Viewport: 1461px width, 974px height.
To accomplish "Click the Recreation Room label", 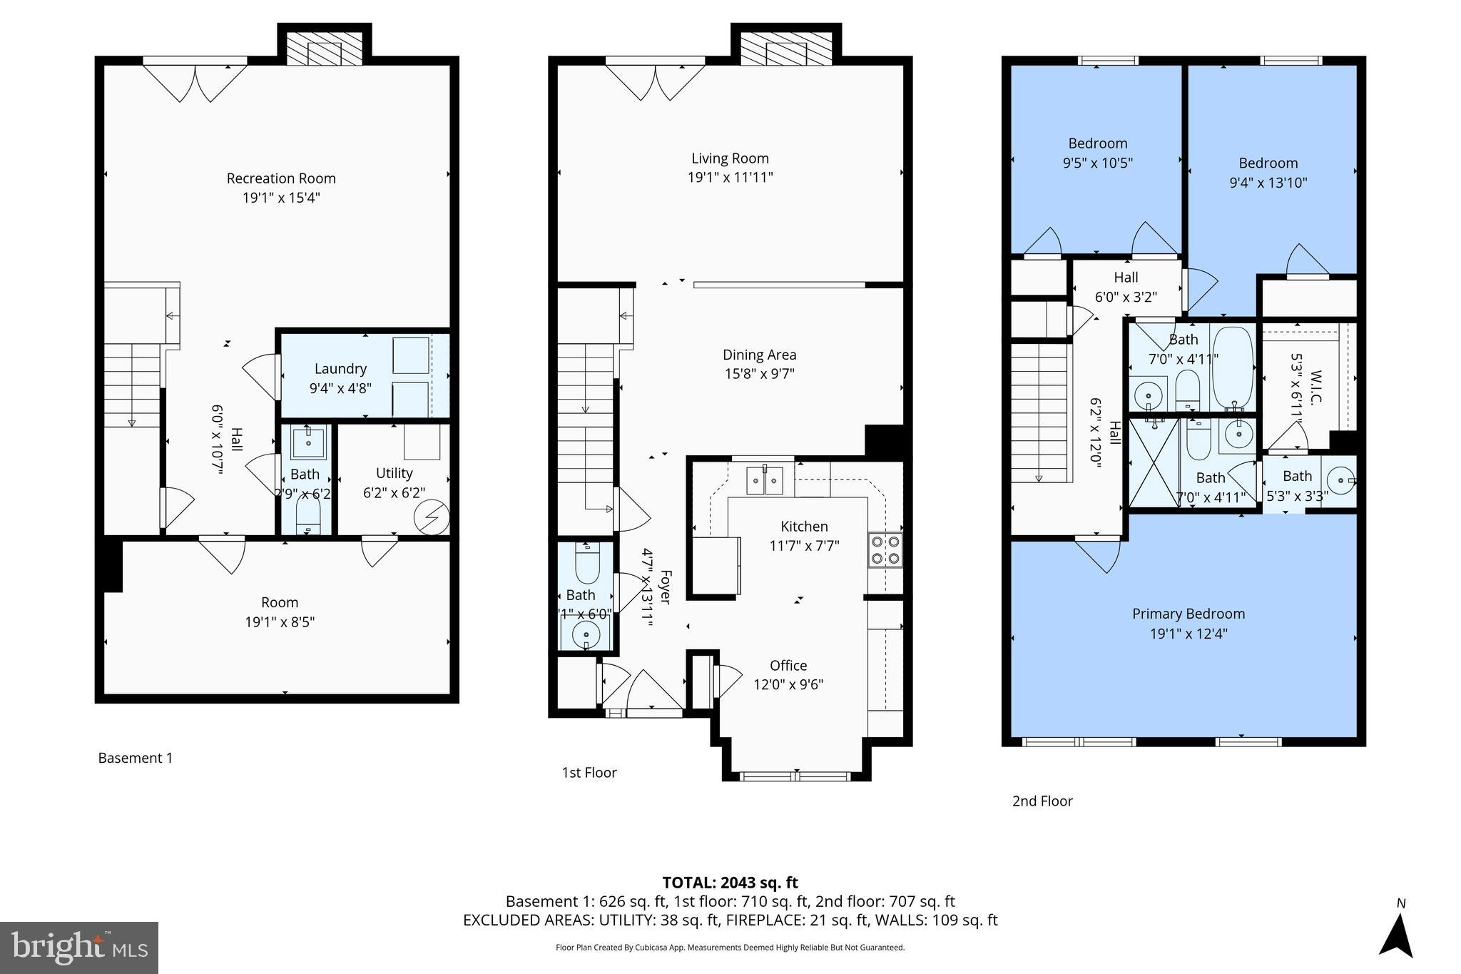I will coord(281,178).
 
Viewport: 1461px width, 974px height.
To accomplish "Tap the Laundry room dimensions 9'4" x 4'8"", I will coord(340,388).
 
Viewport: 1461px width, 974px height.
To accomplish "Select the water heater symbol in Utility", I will coord(432,516).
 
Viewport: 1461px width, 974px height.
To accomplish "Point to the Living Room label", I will coord(730,158).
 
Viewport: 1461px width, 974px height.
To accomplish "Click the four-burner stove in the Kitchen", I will coord(885,549).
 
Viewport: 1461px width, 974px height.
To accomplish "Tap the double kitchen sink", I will coord(765,480).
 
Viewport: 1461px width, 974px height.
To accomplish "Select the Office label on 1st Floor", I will coord(788,665).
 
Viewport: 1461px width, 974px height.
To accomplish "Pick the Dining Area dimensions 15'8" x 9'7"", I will coord(759,373).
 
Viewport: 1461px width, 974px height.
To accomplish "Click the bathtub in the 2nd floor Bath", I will coord(1233,366).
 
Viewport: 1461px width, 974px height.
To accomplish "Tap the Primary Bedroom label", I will coord(1188,614).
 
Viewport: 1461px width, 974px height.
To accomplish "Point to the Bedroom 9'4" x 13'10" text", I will coord(1268,183).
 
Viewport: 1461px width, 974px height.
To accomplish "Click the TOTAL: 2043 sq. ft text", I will coord(730,883).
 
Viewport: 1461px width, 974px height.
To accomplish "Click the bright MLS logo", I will coord(79,948).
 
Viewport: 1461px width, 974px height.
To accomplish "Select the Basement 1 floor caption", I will coord(136,758).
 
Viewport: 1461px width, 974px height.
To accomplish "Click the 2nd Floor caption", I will coord(1042,801).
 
